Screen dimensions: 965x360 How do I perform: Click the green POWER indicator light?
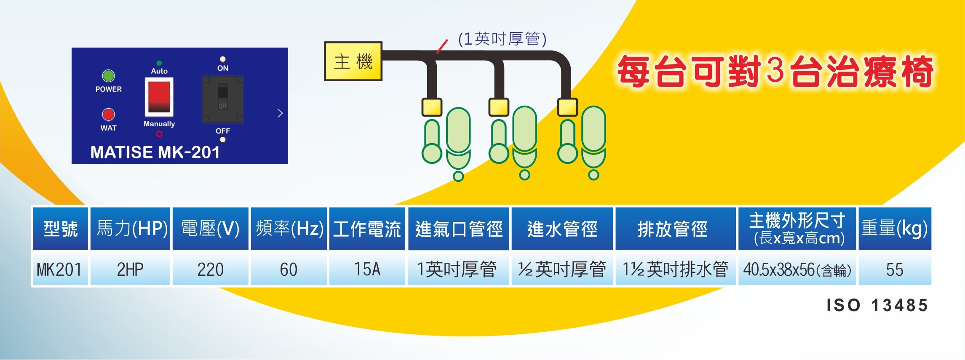(x=109, y=76)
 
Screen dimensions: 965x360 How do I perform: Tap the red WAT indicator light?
(x=109, y=115)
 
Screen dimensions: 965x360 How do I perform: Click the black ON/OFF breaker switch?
(x=222, y=99)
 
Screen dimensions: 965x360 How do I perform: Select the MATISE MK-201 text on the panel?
(x=155, y=152)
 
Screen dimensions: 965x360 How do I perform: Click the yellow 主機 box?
(x=353, y=61)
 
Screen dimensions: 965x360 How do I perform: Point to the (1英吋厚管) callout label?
(x=502, y=39)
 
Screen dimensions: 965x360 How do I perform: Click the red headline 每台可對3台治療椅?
(x=775, y=72)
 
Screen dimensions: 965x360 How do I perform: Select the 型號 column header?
(x=60, y=229)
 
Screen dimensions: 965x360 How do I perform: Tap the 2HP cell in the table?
(x=130, y=269)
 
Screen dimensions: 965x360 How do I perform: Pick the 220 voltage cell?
(x=210, y=269)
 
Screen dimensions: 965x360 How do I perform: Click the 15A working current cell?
(x=367, y=269)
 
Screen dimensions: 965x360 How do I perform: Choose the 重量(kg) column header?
(x=895, y=229)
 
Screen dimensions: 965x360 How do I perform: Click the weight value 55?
(x=895, y=269)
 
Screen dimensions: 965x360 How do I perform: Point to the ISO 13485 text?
(x=877, y=305)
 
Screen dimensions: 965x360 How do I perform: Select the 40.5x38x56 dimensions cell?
(x=797, y=269)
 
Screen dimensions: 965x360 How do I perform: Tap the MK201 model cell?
(x=59, y=269)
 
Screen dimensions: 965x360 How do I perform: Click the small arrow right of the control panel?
(x=280, y=113)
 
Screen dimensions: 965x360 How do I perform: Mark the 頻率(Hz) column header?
(x=289, y=229)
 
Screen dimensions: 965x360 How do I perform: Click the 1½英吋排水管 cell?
(x=675, y=269)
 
